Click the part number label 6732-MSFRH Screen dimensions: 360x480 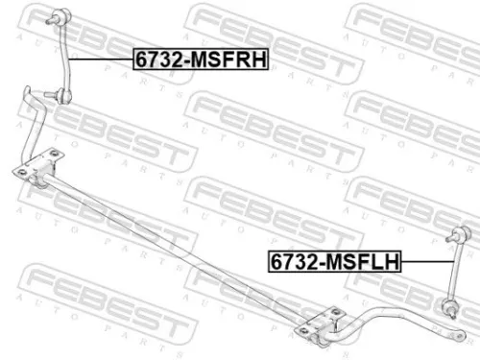pos(201,59)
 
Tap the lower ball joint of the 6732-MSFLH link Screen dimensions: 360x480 pos(454,306)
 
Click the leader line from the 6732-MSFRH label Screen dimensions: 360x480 pos(100,59)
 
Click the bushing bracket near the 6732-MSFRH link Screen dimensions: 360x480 pos(40,171)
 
